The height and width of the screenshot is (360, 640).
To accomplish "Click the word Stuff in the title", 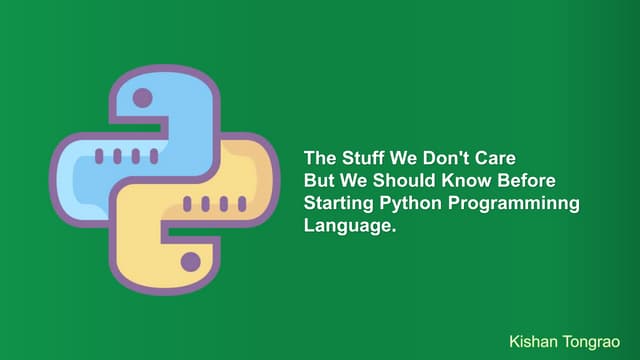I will [x=358, y=158].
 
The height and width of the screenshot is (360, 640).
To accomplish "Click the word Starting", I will [x=339, y=204].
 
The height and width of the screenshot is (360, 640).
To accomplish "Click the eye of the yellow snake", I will [x=190, y=262].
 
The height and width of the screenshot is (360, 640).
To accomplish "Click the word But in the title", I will [x=319, y=181].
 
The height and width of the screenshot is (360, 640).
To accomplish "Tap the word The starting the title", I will [x=319, y=158].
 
